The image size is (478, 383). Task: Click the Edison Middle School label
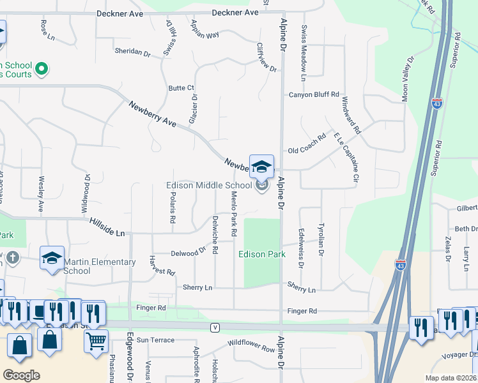[x=210, y=186]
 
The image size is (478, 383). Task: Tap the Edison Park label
[x=262, y=254]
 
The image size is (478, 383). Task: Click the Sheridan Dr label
[x=132, y=50]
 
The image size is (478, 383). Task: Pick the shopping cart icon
[x=96, y=341]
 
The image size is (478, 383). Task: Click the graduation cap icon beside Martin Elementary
[x=52, y=258]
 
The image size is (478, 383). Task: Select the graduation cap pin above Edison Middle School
[x=261, y=167]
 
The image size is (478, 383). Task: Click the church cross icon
[x=12, y=258]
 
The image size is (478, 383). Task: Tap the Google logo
[x=21, y=375]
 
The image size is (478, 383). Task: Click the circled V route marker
[x=215, y=327]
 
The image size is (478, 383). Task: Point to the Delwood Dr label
[x=187, y=253]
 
